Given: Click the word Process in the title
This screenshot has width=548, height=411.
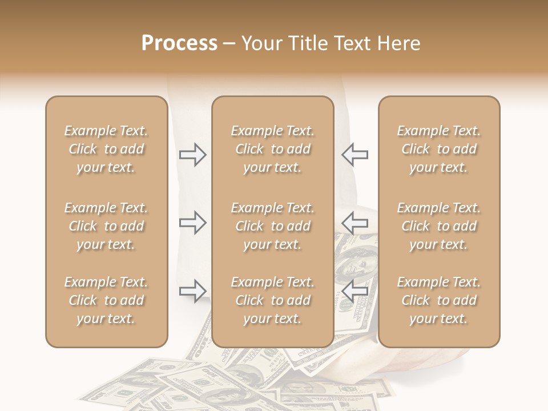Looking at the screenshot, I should click(179, 43).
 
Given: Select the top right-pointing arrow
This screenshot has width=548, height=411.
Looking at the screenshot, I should click(193, 155).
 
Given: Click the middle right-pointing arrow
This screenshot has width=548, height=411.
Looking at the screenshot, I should click(193, 223).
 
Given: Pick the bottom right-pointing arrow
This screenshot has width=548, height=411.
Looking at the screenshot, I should click(193, 291).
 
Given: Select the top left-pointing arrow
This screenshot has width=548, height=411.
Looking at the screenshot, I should click(354, 155).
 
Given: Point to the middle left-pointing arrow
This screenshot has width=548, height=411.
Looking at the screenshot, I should click(354, 223).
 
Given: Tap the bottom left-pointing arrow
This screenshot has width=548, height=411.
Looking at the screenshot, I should click(354, 291).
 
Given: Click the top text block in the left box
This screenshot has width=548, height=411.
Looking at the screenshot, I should click(106, 149).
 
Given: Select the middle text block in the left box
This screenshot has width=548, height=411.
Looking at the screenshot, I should click(106, 226).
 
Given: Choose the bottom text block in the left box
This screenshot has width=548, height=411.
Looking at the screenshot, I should click(106, 300).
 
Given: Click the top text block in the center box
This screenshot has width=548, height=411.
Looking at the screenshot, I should click(272, 149).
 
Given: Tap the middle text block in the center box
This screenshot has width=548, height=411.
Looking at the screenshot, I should click(272, 226).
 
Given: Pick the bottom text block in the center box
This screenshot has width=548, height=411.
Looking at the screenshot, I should click(272, 300).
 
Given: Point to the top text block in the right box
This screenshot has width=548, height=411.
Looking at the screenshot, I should click(438, 149).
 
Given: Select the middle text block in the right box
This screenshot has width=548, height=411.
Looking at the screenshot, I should click(438, 226).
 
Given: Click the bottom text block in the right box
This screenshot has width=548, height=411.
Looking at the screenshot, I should click(438, 300).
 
